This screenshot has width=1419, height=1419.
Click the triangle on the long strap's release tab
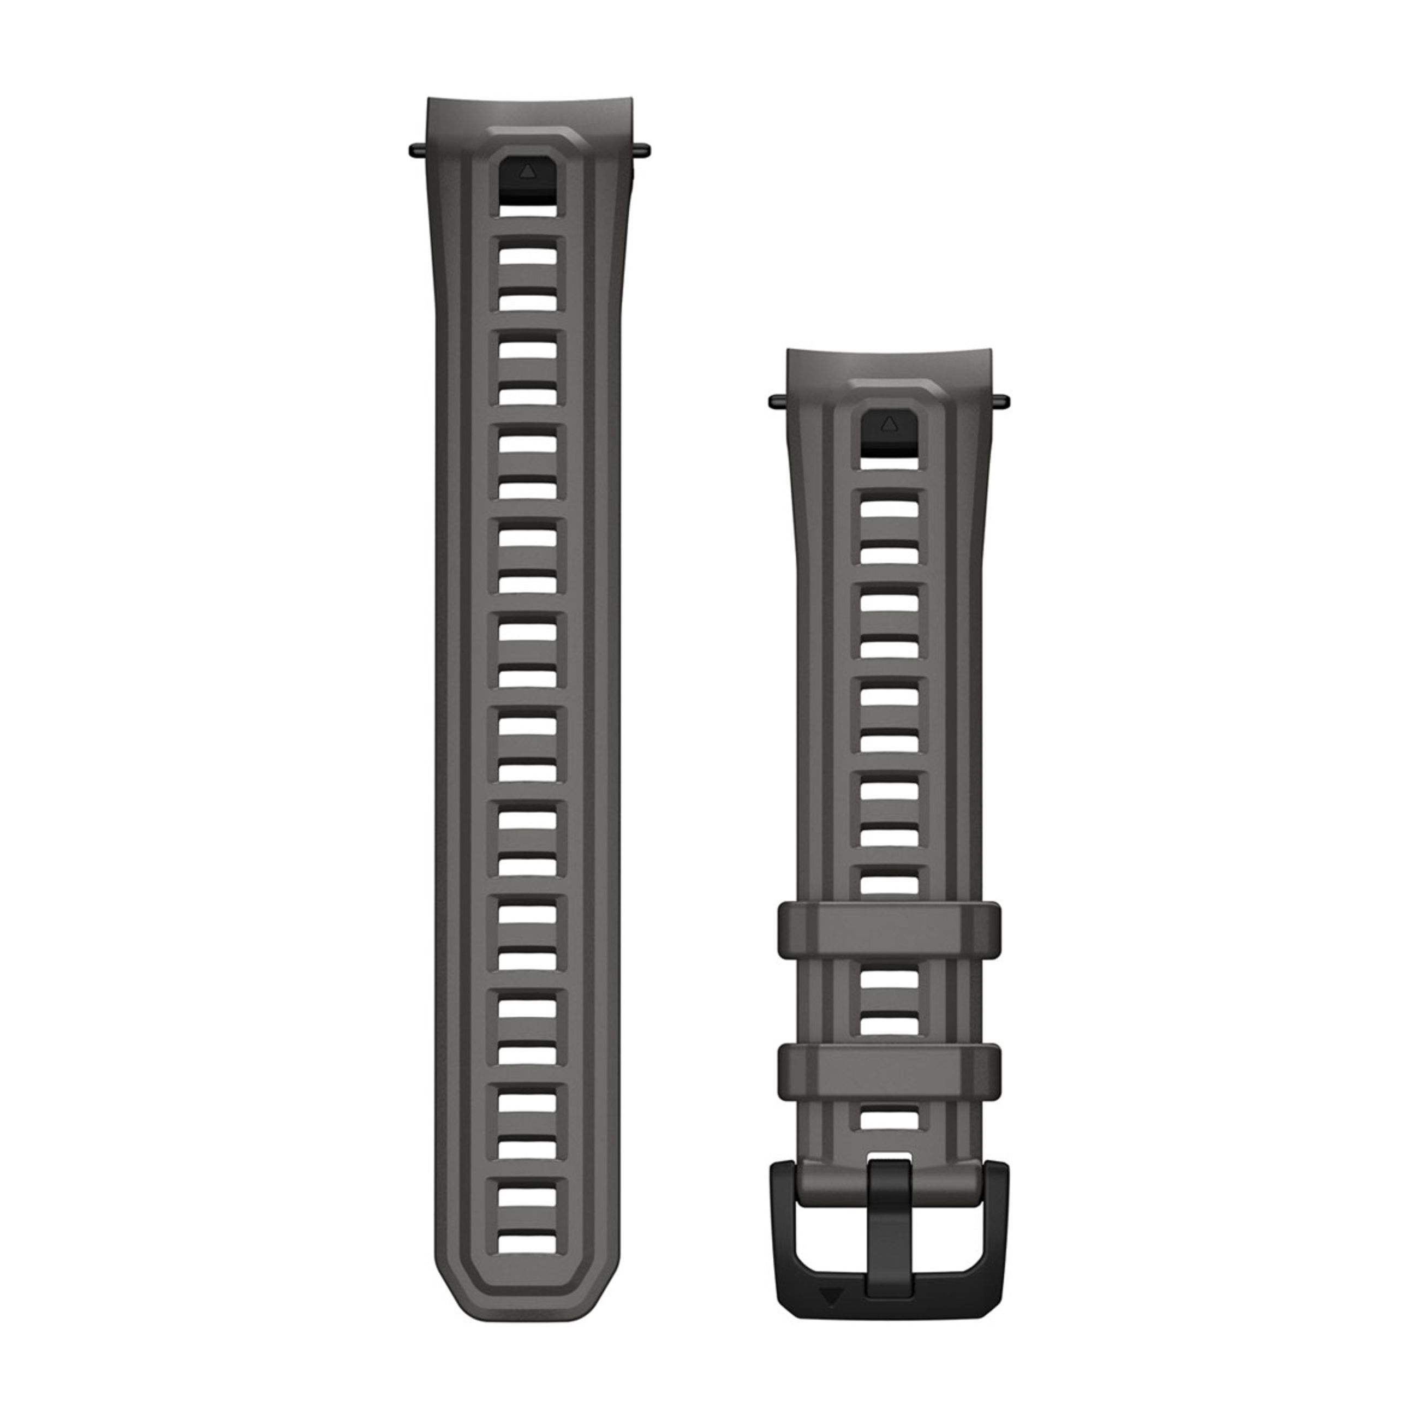[x=527, y=171]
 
